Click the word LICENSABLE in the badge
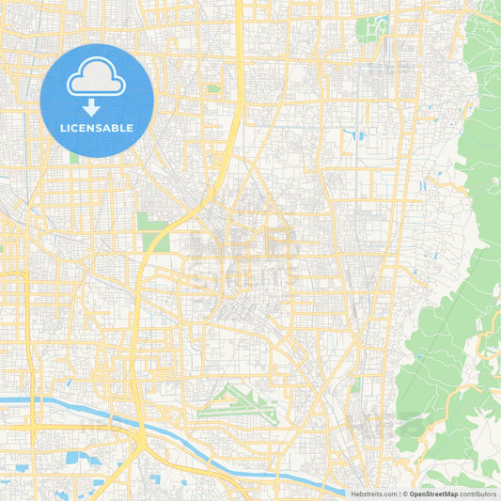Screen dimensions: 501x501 [x=96, y=128]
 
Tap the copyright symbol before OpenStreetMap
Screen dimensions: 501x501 [x=404, y=493]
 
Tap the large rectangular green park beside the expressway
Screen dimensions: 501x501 [x=151, y=230]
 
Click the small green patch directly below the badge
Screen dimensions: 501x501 [x=73, y=157]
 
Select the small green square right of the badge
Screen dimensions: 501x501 [x=214, y=89]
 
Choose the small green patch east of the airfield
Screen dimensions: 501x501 [x=355, y=384]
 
